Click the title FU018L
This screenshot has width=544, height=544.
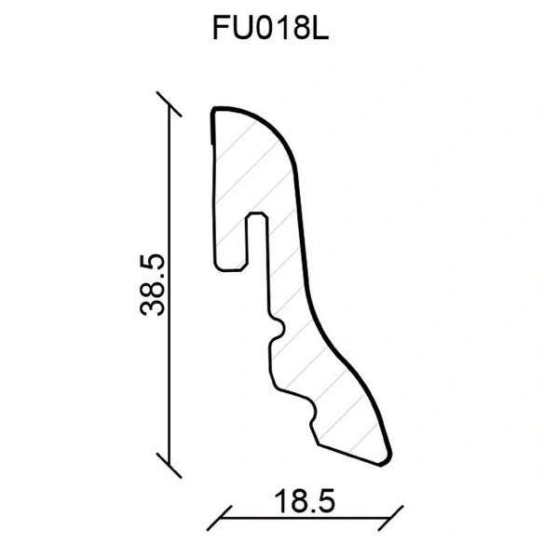click(x=270, y=28)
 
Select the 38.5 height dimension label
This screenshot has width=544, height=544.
click(x=152, y=285)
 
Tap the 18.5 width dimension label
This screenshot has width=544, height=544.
click(x=305, y=501)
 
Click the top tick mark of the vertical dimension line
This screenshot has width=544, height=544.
click(x=169, y=104)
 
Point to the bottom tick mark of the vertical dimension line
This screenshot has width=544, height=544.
click(x=169, y=465)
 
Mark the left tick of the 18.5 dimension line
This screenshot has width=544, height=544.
click(x=219, y=518)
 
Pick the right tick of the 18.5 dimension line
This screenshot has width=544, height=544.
click(x=390, y=518)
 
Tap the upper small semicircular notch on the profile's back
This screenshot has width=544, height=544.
click(x=279, y=328)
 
